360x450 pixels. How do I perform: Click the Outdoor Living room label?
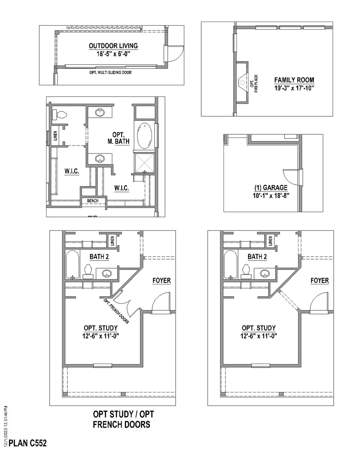pyautogui.click(x=113, y=46)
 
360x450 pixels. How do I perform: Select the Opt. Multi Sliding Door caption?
pyautogui.click(x=111, y=72)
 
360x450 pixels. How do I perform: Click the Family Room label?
pyautogui.click(x=294, y=80)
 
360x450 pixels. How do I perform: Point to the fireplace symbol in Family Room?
pyautogui.click(x=243, y=82)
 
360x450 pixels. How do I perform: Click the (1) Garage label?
pyautogui.click(x=271, y=188)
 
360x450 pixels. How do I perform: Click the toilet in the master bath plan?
pyautogui.click(x=60, y=115)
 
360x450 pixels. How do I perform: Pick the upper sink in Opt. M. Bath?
pyautogui.click(x=100, y=113)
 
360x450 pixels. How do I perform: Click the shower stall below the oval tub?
pyautogui.click(x=144, y=162)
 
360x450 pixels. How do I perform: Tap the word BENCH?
pyautogui.click(x=93, y=201)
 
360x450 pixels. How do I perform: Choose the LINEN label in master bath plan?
pyautogui.click(x=55, y=135)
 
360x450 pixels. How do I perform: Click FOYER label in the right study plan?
pyautogui.click(x=320, y=280)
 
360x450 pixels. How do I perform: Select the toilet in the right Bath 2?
pyautogui.click(x=247, y=271)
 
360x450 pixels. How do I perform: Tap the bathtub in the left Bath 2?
pyautogui.click(x=73, y=264)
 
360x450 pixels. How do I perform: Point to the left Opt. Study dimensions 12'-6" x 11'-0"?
pyautogui.click(x=101, y=336)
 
